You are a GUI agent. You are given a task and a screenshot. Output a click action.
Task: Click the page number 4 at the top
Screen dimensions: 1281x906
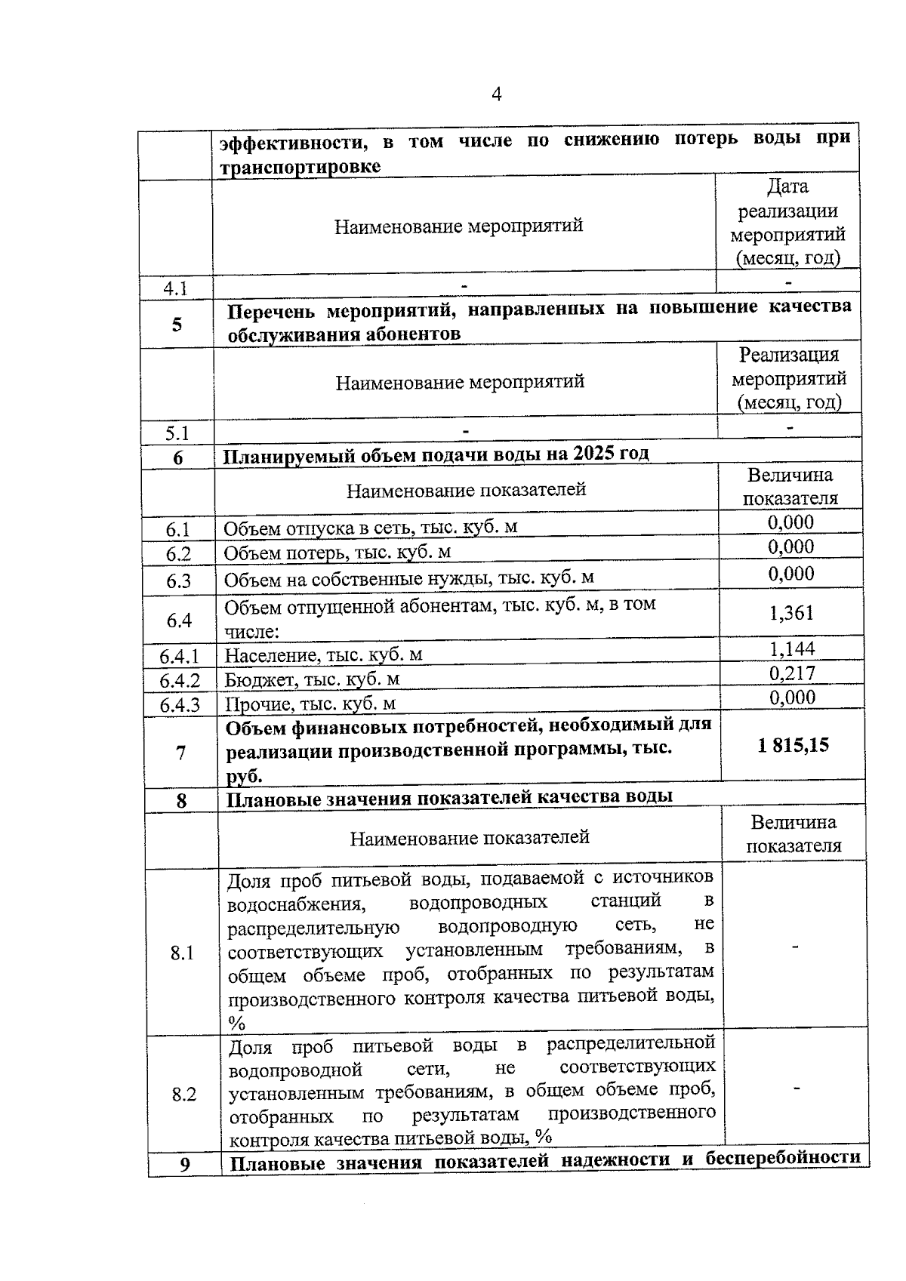point(496,94)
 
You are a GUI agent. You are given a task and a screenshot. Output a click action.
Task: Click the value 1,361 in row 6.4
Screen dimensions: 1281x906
point(791,613)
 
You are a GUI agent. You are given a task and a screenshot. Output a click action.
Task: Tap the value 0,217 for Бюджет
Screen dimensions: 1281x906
point(792,673)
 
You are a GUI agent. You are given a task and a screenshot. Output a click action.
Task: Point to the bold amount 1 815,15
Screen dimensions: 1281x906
point(793,746)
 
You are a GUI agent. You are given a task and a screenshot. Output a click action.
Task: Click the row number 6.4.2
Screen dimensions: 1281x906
point(180,681)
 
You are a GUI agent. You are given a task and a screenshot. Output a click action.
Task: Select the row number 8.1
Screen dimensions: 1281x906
point(182,953)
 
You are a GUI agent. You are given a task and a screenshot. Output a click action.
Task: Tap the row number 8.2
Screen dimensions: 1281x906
point(183,1095)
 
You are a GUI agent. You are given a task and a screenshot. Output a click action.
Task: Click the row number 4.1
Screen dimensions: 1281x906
point(175,288)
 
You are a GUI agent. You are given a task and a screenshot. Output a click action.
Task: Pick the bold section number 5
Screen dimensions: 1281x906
point(177,325)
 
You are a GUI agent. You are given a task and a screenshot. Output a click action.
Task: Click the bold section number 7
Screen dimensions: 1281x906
point(180,753)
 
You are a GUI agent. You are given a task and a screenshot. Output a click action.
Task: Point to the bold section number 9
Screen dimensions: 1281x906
point(185,1165)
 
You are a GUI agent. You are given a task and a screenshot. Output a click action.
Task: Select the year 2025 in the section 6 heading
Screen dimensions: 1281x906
point(594,454)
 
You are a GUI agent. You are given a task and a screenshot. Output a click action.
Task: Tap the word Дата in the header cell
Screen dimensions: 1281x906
point(787,186)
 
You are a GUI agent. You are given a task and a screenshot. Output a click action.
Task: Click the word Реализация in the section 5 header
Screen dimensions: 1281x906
point(789,355)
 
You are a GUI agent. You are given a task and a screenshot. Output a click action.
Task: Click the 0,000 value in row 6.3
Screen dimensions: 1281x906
point(791,574)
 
